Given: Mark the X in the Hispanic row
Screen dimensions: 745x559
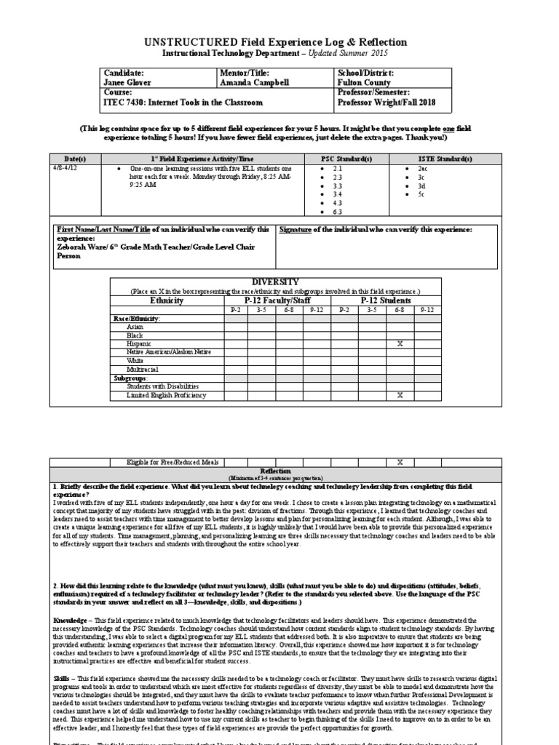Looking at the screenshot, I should (400, 343).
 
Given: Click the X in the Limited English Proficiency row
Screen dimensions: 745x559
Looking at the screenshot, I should (400, 395).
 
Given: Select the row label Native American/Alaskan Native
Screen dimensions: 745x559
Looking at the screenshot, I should (168, 352).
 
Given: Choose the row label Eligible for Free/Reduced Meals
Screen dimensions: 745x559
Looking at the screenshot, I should (165, 462).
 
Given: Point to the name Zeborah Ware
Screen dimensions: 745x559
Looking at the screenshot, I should (83, 247).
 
